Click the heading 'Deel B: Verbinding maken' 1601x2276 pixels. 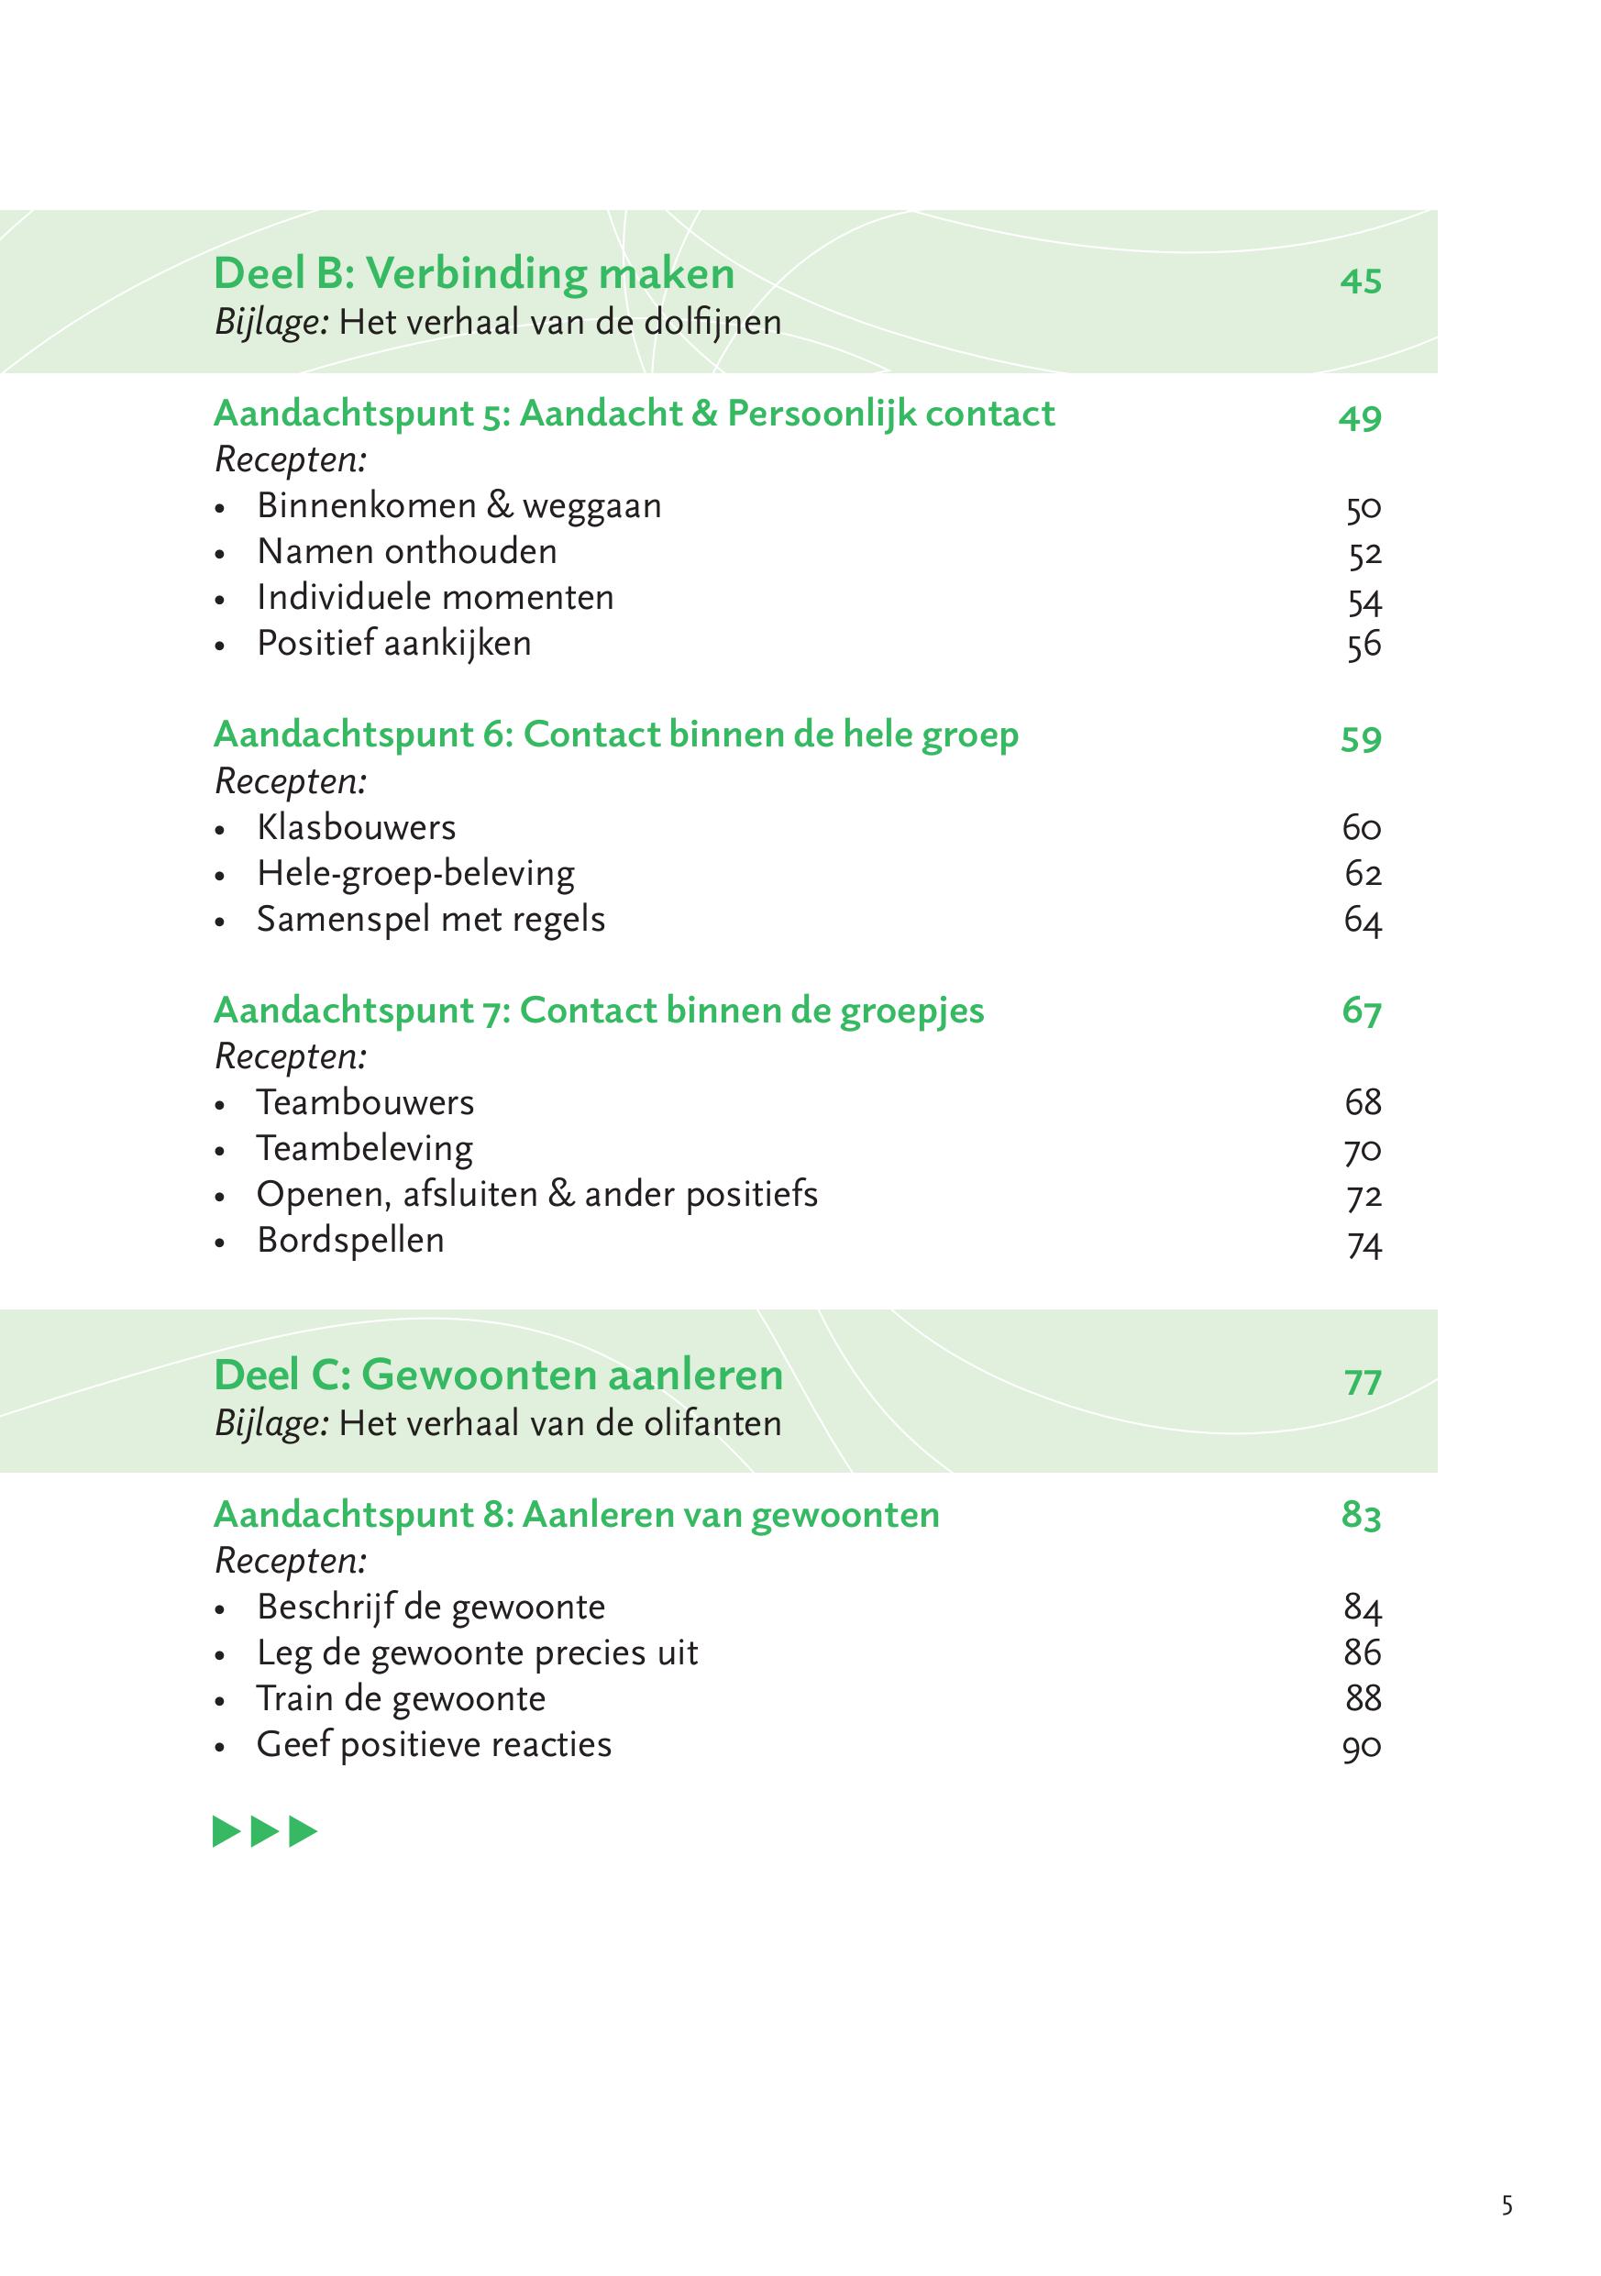[474, 273]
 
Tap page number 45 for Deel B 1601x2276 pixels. [1360, 281]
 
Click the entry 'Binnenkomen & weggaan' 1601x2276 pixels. [458, 505]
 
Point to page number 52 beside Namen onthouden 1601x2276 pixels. [1364, 553]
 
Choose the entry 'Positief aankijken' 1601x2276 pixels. [393, 644]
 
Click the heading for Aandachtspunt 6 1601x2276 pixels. [615, 735]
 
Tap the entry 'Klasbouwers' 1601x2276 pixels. [356, 827]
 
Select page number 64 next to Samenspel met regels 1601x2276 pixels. [1362, 921]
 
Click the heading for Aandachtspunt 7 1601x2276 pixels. [599, 1011]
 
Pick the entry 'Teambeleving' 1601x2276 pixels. [364, 1148]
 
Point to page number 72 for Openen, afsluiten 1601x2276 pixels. [1364, 1197]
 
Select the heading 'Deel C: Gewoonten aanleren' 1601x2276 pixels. [498, 1375]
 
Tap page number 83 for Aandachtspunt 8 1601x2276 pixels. [1361, 1516]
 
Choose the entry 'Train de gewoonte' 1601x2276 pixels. [401, 1698]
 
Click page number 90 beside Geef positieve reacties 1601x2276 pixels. [1362, 1747]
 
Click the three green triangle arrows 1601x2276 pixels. [265, 1832]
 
